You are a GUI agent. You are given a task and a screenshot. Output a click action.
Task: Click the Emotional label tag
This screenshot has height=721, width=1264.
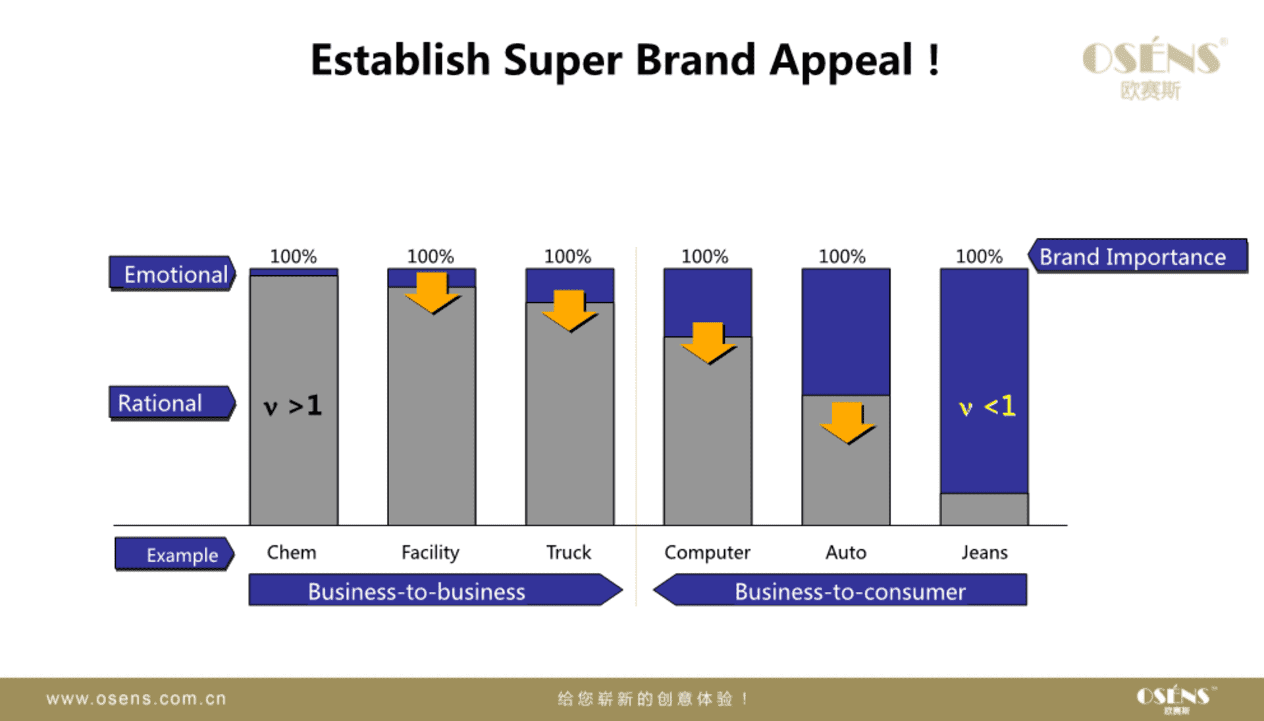[x=172, y=273]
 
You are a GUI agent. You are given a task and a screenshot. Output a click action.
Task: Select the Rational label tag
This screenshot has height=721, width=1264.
[x=172, y=403]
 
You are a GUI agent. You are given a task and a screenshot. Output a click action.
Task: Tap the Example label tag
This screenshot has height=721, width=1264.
[x=174, y=554]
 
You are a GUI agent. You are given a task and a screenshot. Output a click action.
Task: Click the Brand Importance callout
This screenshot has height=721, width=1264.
[x=1138, y=256]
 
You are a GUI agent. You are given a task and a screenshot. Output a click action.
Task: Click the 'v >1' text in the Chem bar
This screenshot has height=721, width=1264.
[x=293, y=406]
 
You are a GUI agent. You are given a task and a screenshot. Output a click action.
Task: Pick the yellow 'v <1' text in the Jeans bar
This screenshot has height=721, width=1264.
[x=987, y=406]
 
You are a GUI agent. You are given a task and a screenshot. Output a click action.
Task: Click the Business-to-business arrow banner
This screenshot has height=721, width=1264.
[x=435, y=590]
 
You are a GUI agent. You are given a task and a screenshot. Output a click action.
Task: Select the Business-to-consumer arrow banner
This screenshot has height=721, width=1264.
[x=840, y=590]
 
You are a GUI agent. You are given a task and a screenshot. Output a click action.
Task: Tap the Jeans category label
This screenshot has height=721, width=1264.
[x=984, y=552]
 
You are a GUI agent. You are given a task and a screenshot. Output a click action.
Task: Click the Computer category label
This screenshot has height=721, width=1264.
[x=707, y=553]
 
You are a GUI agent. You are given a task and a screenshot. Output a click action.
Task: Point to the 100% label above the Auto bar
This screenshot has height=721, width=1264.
[x=842, y=256]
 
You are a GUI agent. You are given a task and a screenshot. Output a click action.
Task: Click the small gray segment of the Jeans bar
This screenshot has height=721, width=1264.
[x=984, y=509]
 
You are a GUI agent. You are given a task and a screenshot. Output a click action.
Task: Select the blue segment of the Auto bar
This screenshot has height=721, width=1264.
[x=846, y=332]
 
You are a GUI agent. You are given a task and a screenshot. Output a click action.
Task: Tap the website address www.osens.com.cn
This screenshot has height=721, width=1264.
[x=136, y=699]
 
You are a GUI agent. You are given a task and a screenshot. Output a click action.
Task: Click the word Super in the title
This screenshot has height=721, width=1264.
[x=562, y=61]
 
